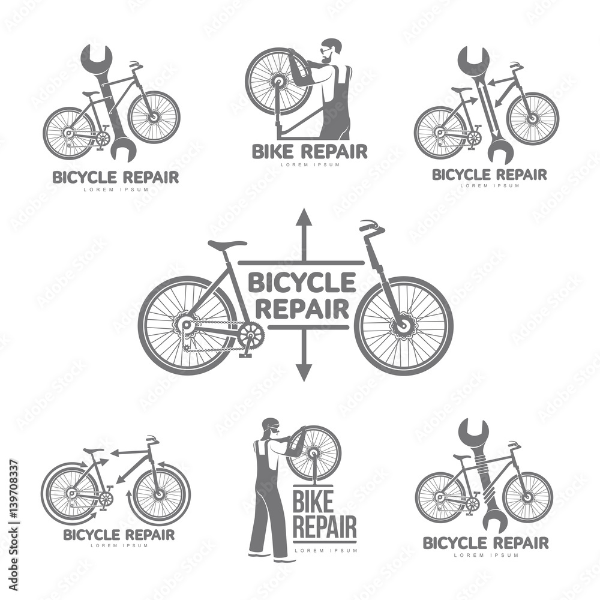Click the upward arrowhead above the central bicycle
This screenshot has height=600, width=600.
[304, 217]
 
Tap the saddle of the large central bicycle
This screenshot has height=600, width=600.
[227, 245]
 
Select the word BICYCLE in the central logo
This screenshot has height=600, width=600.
[301, 282]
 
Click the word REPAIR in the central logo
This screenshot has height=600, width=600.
[302, 309]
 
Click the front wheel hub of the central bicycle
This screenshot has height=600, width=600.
[401, 325]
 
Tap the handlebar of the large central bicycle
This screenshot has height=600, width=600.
[372, 227]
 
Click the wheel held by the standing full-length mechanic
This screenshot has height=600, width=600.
[313, 453]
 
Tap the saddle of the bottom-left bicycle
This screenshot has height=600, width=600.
[94, 451]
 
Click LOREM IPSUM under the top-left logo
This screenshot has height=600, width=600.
[115, 190]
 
